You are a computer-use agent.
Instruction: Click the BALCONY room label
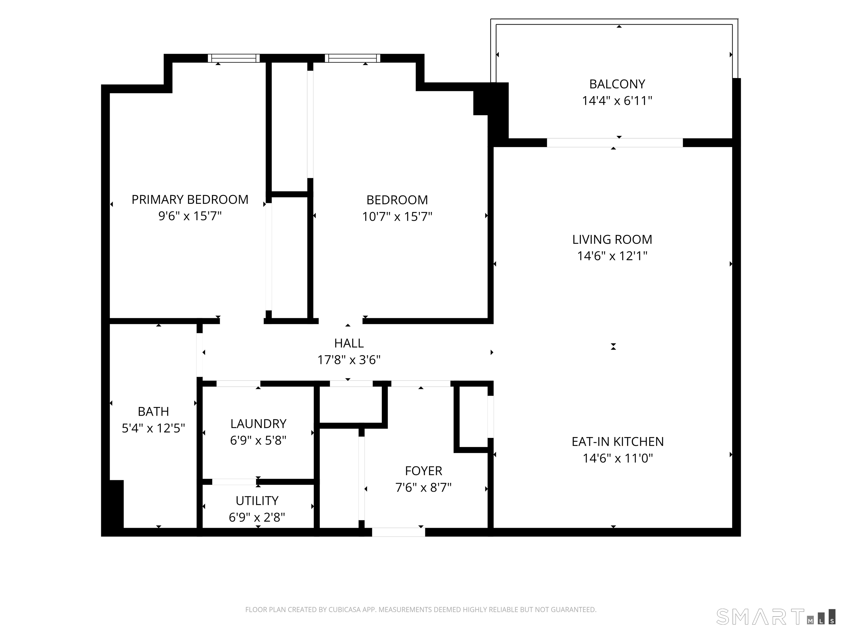pyautogui.click(x=617, y=84)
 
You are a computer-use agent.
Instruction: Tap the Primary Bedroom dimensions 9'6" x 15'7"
pyautogui.click(x=190, y=216)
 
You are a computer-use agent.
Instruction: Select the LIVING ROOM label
pyautogui.click(x=612, y=240)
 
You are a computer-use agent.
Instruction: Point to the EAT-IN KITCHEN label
pyautogui.click(x=618, y=441)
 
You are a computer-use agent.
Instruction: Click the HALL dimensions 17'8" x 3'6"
pyautogui.click(x=349, y=360)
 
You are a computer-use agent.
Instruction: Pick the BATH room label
pyautogui.click(x=153, y=412)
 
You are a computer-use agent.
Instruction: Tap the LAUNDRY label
pyautogui.click(x=258, y=424)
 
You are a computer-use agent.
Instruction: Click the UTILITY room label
pyautogui.click(x=257, y=501)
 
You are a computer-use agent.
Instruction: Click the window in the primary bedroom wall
pyautogui.click(x=234, y=58)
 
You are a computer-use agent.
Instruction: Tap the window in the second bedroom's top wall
pyautogui.click(x=352, y=58)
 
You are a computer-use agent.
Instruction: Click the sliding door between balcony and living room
pyautogui.click(x=615, y=143)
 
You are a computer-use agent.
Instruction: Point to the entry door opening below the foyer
pyautogui.click(x=399, y=532)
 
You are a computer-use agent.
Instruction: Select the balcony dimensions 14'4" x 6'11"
pyautogui.click(x=617, y=101)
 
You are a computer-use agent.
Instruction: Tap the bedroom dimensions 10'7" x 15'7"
pyautogui.click(x=397, y=216)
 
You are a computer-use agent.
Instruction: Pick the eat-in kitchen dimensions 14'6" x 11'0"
pyautogui.click(x=618, y=458)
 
